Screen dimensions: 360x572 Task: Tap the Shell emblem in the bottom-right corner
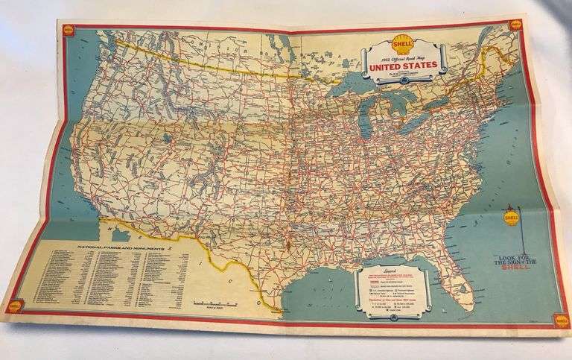559,320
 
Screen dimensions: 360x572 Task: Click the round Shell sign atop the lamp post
511,218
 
